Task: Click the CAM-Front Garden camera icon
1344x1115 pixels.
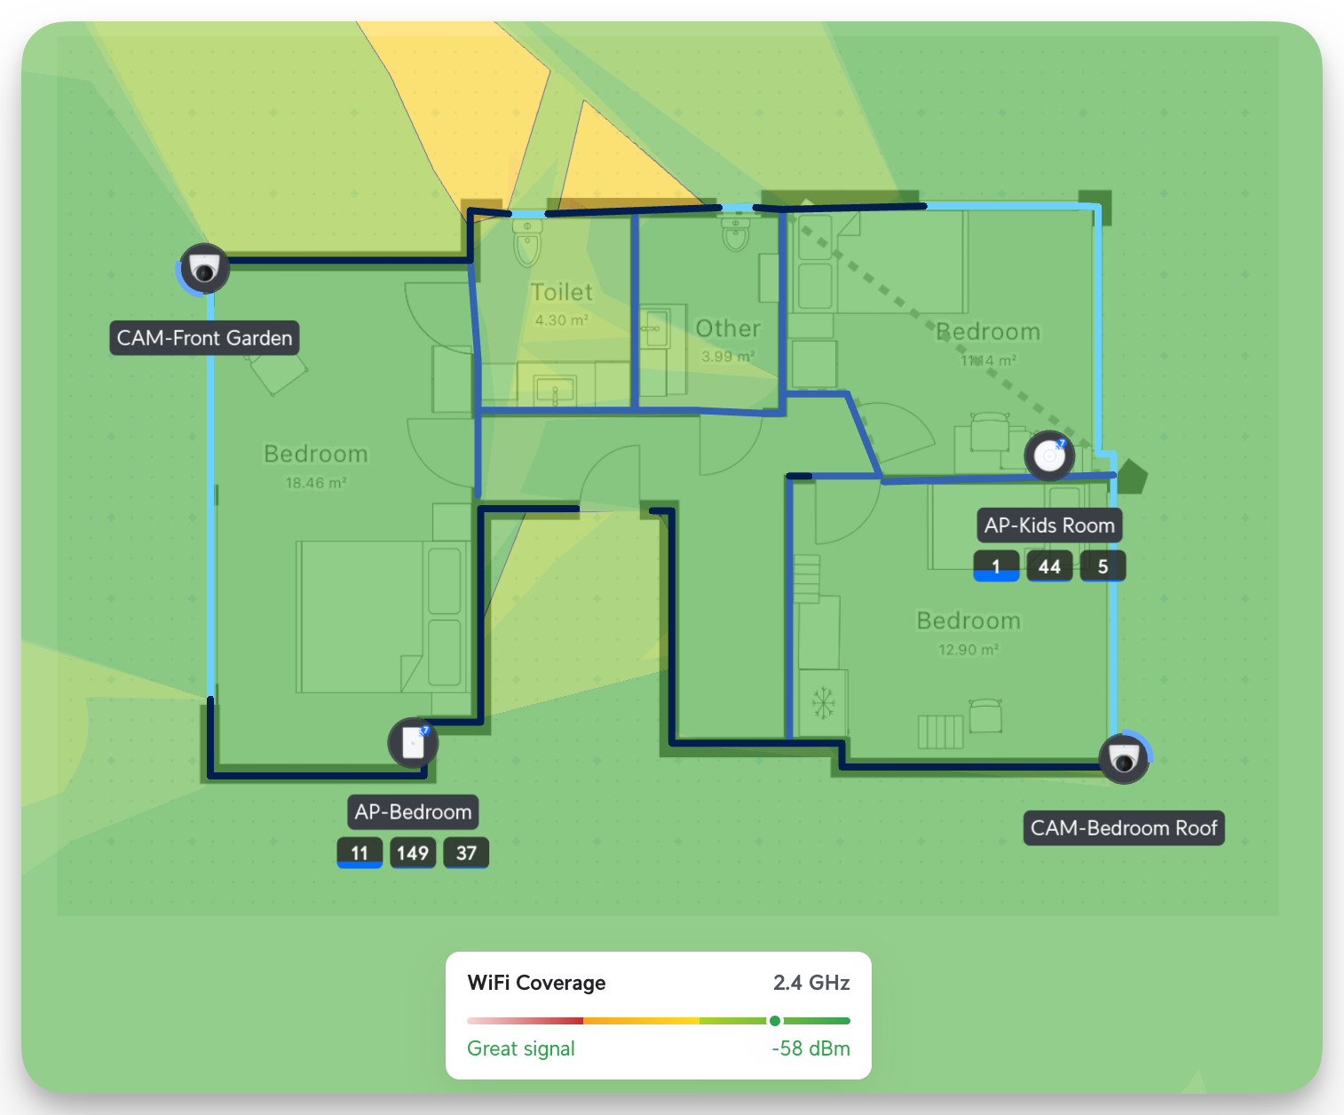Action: coord(205,268)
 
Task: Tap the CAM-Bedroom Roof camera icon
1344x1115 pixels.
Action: coord(1124,759)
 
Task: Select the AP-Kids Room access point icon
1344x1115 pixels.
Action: coord(1049,456)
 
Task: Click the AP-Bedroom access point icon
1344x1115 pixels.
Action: coord(413,742)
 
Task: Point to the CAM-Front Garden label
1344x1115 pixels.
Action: coord(204,338)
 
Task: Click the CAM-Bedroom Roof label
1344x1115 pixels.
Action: coord(1124,828)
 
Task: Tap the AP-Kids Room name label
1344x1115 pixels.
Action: coord(1049,526)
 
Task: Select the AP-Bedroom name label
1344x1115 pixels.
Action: coord(413,812)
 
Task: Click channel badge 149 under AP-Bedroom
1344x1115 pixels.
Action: coord(413,853)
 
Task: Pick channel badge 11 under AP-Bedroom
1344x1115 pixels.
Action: coord(360,853)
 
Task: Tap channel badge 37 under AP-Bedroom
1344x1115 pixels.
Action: coord(466,853)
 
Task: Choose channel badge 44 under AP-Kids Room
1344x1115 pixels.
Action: coord(1049,566)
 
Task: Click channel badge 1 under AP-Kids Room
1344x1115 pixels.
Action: coord(996,566)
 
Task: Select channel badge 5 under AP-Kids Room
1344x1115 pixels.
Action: coord(1103,566)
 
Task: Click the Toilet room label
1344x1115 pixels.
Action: coord(561,292)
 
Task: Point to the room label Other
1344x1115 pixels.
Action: coord(728,328)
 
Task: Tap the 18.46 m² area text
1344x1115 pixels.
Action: coord(315,483)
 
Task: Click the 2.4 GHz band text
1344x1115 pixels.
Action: coord(811,983)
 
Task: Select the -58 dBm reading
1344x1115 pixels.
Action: coord(810,1048)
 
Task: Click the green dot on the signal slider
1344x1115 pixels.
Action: coord(775,1021)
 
